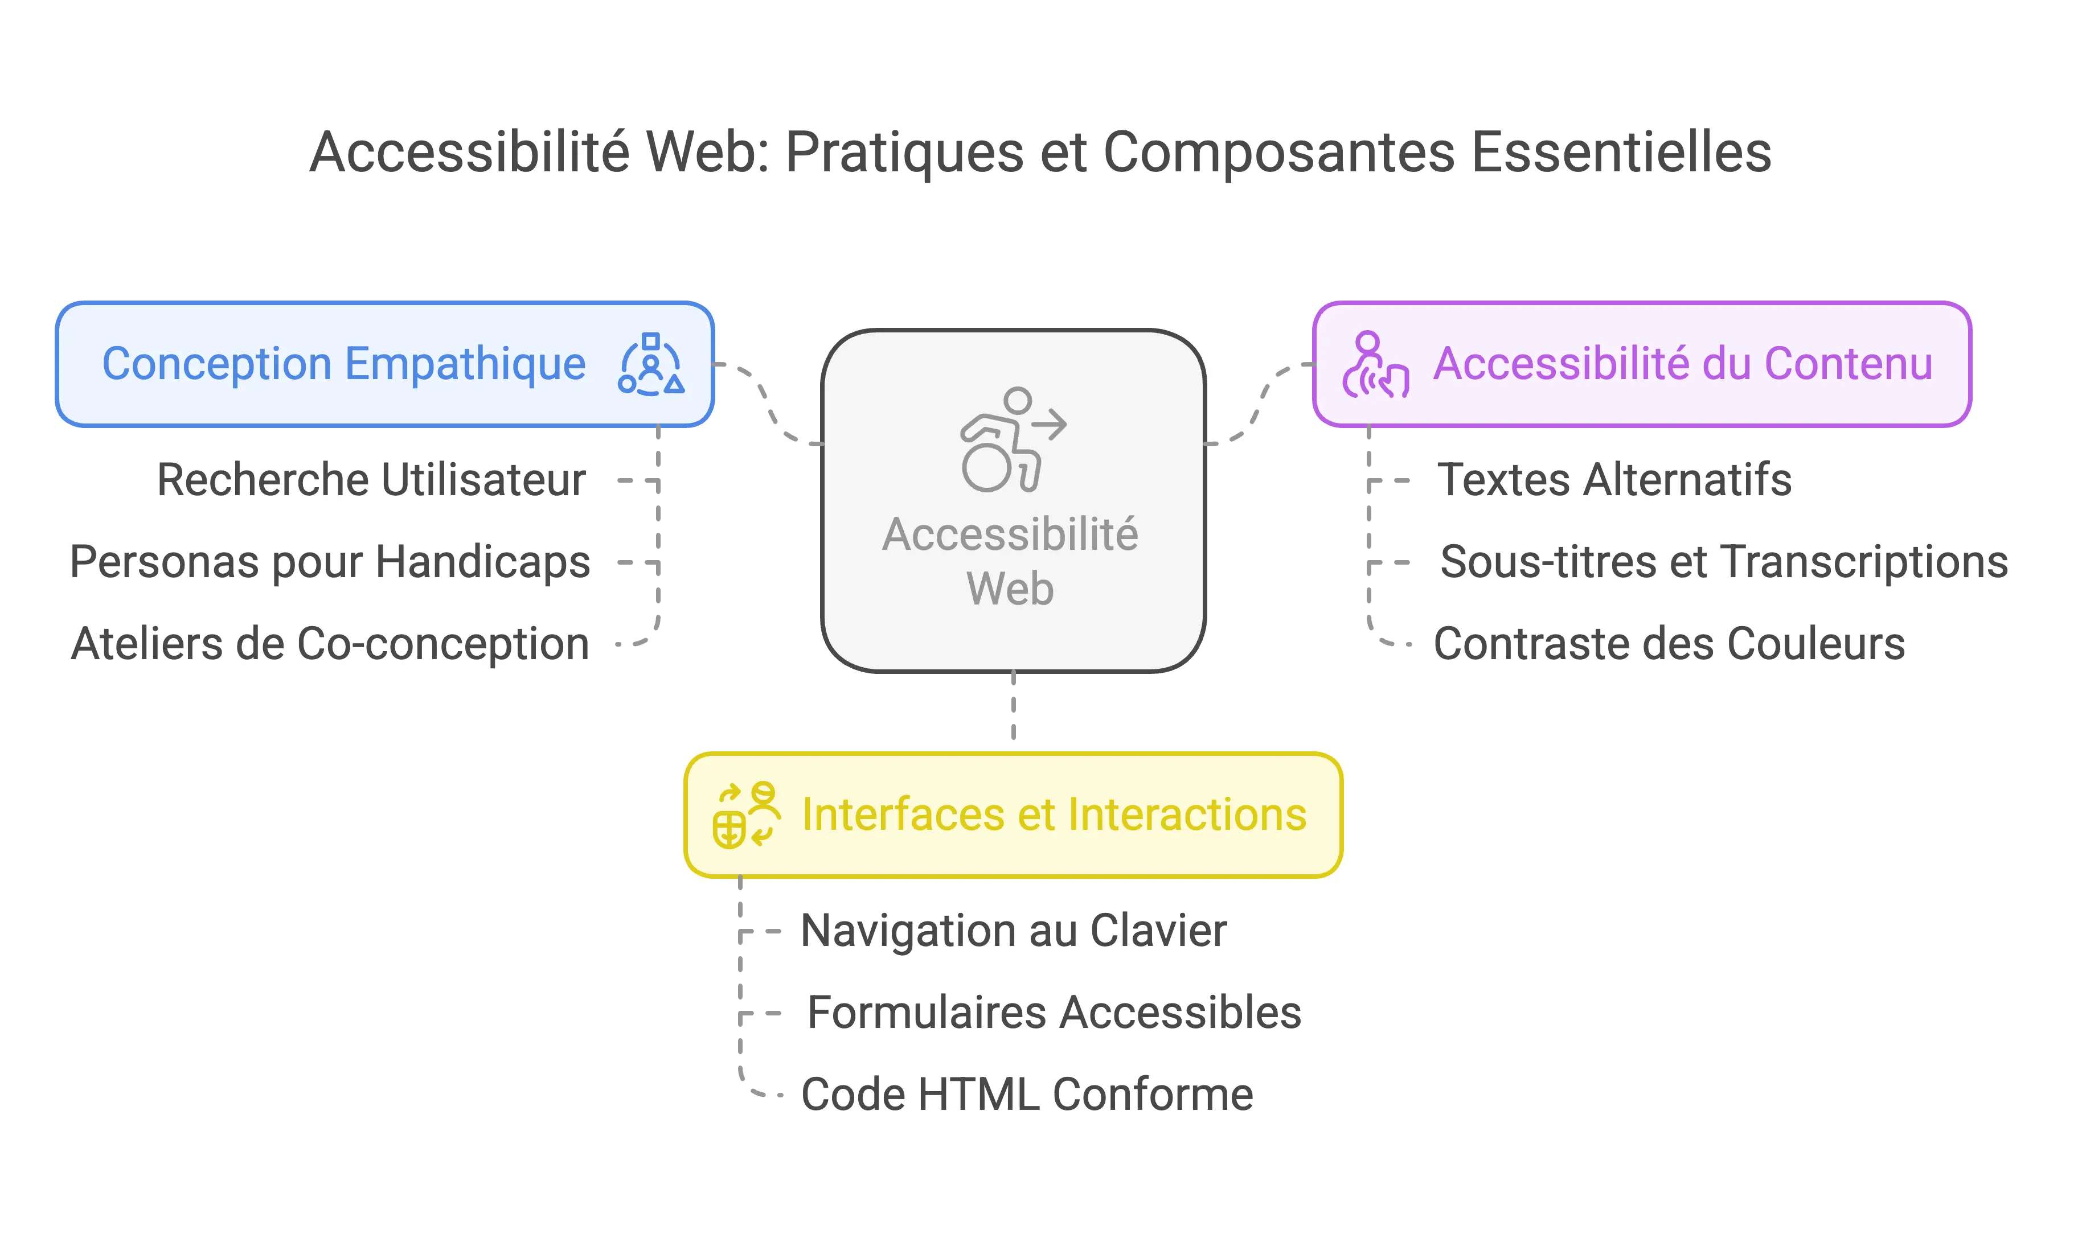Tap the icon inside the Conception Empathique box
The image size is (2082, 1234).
click(x=651, y=364)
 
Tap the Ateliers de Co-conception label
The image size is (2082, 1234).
click(x=330, y=644)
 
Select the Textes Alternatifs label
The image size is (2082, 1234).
click(x=1614, y=480)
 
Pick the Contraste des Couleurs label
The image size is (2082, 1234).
click(x=1669, y=644)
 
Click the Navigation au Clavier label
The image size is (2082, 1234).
click(x=1013, y=931)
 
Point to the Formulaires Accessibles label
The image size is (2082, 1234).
click(x=1054, y=1012)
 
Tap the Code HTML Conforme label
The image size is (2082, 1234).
click(x=1026, y=1095)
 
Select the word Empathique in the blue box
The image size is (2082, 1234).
click(x=465, y=364)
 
